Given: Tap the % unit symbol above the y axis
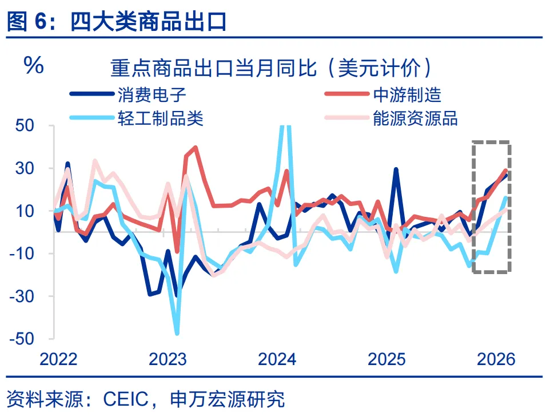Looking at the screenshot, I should [33, 66].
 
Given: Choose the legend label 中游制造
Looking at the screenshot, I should [406, 94].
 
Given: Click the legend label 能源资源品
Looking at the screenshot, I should [415, 118].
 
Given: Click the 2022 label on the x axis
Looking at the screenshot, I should [58, 359].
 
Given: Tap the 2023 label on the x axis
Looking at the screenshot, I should [168, 359].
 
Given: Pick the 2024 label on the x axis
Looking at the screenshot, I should [277, 359].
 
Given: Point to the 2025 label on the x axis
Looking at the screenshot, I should [386, 359].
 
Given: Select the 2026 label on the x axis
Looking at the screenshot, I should [496, 359].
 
